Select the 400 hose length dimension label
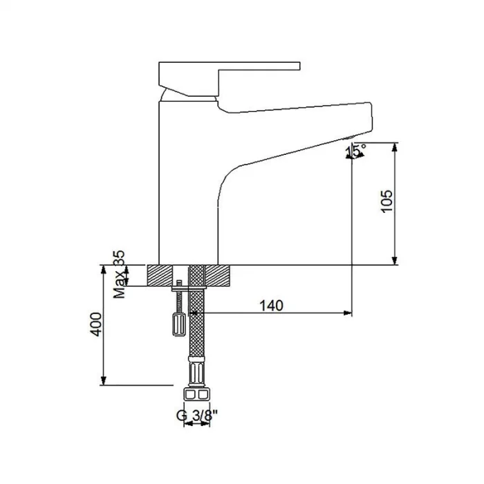coord(96,324)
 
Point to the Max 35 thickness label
coord(120,274)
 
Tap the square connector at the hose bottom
coord(196,395)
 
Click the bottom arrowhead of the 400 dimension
coord(104,381)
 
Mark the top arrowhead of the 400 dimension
coord(104,269)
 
